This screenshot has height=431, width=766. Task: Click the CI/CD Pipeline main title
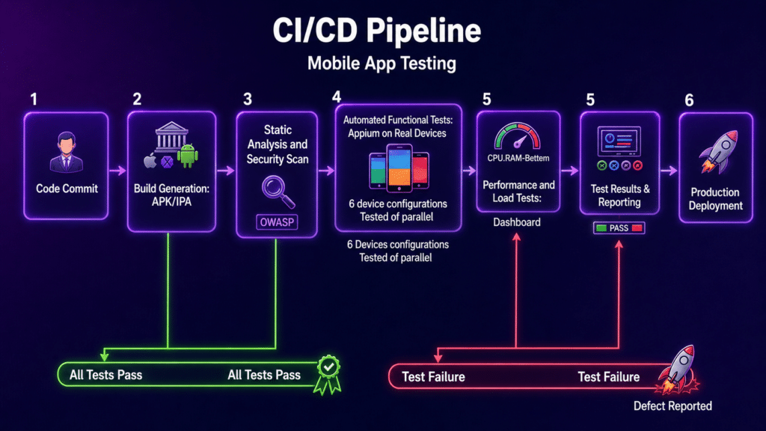pos(377,30)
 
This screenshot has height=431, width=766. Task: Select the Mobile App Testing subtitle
pos(382,64)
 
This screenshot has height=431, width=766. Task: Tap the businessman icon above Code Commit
pos(67,152)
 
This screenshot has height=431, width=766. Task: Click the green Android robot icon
pos(188,156)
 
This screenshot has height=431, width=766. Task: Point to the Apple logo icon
pos(150,160)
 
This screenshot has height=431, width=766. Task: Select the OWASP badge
pos(277,222)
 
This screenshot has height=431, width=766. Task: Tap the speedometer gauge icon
pos(518,136)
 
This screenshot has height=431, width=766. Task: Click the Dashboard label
pos(517,222)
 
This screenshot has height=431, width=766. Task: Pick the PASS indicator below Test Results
pos(619,228)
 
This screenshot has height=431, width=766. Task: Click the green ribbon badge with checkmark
pos(328,375)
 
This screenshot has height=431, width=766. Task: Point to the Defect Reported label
pos(672,406)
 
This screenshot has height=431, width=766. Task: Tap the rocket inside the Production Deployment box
pos(718,150)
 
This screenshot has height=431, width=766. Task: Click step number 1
pos(34,100)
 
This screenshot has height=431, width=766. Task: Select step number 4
pos(337,97)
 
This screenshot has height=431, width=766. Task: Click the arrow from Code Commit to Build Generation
pos(117,171)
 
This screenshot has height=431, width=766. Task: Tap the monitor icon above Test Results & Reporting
pos(619,141)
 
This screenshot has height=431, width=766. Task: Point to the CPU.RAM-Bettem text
pos(518,159)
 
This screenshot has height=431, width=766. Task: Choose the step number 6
pos(689,100)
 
